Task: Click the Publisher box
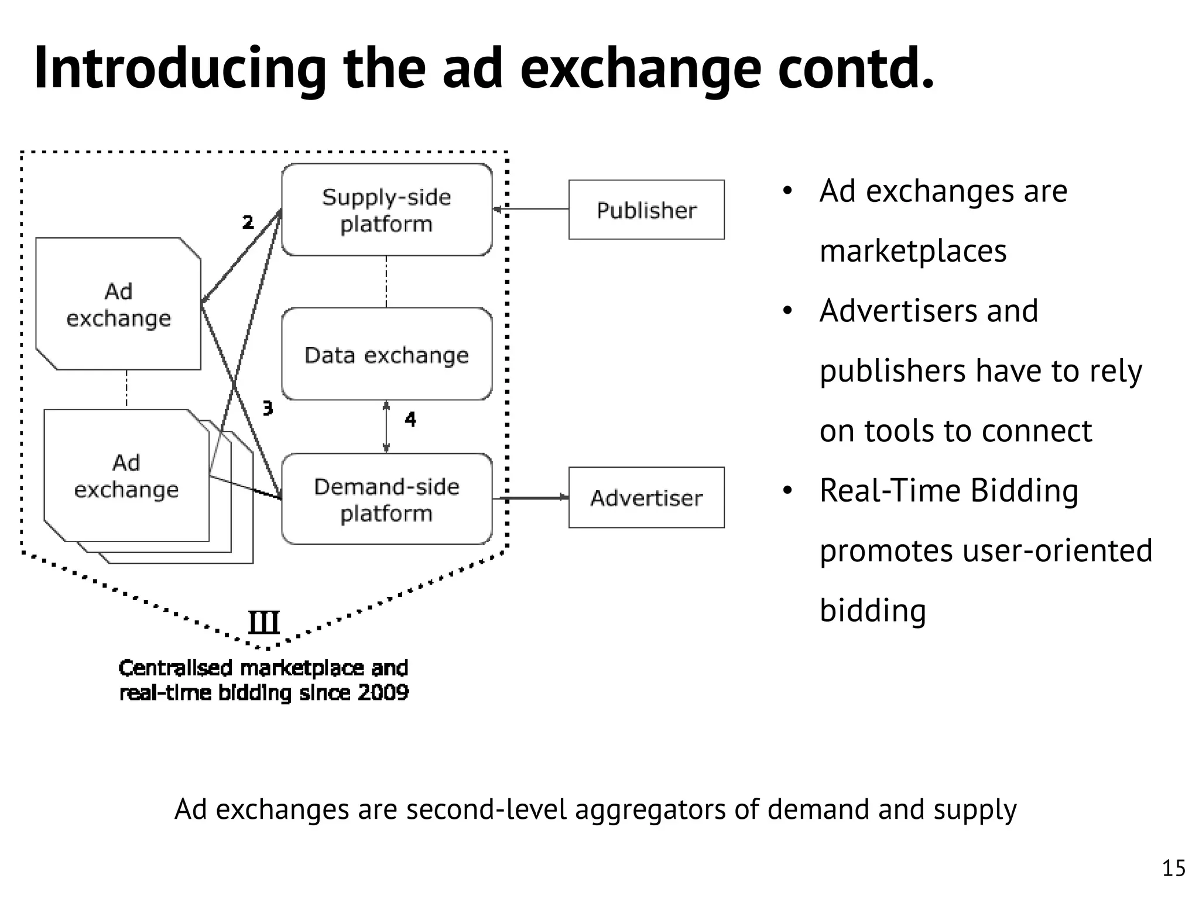[x=646, y=210]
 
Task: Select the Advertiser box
[x=646, y=497]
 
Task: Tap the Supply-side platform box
[x=386, y=210]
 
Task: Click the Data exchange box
[x=386, y=355]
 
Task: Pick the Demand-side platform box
[x=386, y=499]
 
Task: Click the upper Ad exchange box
[x=118, y=304]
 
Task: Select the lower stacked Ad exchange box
[x=126, y=476]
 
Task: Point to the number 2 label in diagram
[x=248, y=222]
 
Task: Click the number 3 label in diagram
[x=268, y=408]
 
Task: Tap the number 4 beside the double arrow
[x=410, y=419]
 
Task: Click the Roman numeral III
[x=263, y=622]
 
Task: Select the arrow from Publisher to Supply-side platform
[x=530, y=209]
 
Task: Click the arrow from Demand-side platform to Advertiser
[x=530, y=498]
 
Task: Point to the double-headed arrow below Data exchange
[x=386, y=427]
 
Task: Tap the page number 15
[x=1173, y=868]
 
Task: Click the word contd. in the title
[x=856, y=69]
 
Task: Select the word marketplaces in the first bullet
[x=913, y=251]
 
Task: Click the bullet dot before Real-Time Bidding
[x=787, y=490]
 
